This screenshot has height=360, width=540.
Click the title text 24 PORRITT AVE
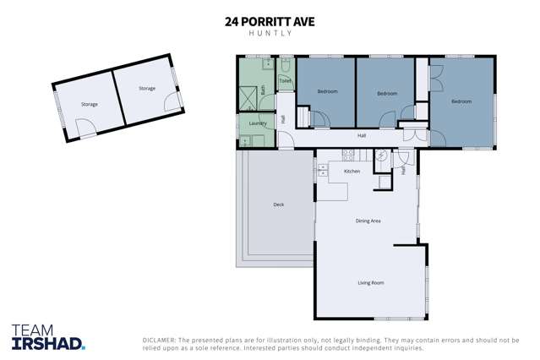coord(270,22)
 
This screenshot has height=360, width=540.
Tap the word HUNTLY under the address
coord(270,35)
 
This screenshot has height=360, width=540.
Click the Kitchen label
coord(352,172)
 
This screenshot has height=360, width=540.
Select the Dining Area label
coord(368,221)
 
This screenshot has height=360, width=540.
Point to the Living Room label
coord(371,282)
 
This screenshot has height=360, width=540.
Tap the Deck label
coord(278,205)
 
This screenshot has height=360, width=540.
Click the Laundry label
coord(258,123)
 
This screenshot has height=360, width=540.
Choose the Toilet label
coord(286,81)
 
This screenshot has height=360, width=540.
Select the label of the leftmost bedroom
coord(327,91)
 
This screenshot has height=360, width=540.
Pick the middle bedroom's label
coord(387,93)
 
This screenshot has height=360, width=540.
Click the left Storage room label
coord(89,104)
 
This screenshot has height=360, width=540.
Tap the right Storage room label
coord(147,88)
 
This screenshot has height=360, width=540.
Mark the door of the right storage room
coord(172,103)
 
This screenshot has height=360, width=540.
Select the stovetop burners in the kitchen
coord(346,154)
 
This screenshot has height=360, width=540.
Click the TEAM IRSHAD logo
coord(48,336)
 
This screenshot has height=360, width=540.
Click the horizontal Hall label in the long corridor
coord(362,135)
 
